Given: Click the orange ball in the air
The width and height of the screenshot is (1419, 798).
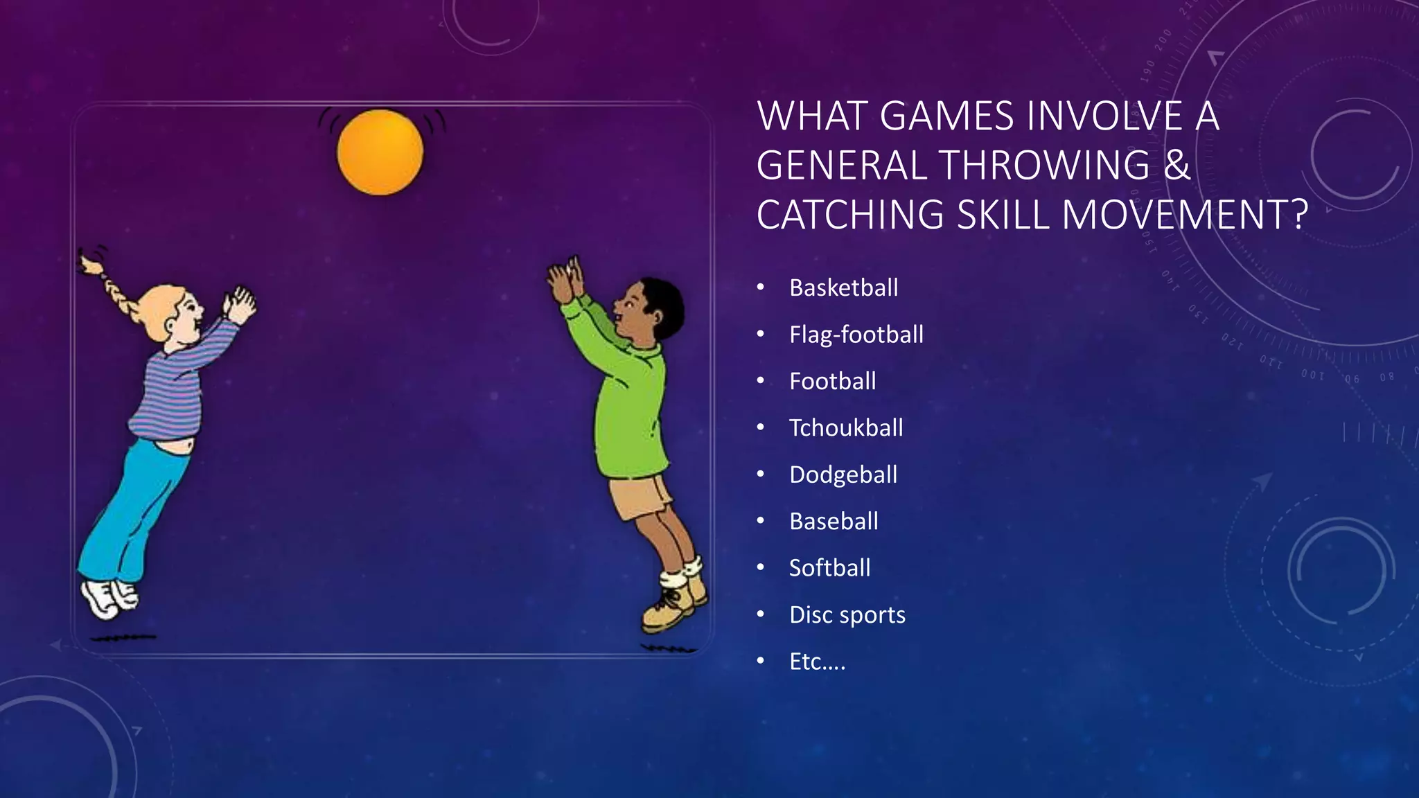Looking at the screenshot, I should click(x=380, y=152).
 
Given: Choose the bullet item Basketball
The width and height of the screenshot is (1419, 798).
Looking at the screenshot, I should click(x=843, y=287).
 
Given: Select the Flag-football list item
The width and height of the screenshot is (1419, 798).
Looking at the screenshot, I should click(x=856, y=335).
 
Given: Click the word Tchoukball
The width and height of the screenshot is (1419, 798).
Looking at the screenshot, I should click(x=845, y=428).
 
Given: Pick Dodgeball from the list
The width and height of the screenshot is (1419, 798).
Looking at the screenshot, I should click(x=843, y=475).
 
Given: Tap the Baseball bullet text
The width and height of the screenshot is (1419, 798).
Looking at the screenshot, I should click(x=834, y=521).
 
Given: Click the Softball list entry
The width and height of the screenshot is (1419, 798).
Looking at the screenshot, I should click(x=829, y=568).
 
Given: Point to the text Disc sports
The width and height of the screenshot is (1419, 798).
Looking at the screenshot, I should click(x=847, y=615).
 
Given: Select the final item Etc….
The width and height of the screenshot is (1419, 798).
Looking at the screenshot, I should click(x=817, y=662).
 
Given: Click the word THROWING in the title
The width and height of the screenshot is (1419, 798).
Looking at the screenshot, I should click(x=1044, y=166).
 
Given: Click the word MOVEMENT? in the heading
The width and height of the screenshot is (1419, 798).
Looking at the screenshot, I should click(x=1185, y=215).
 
